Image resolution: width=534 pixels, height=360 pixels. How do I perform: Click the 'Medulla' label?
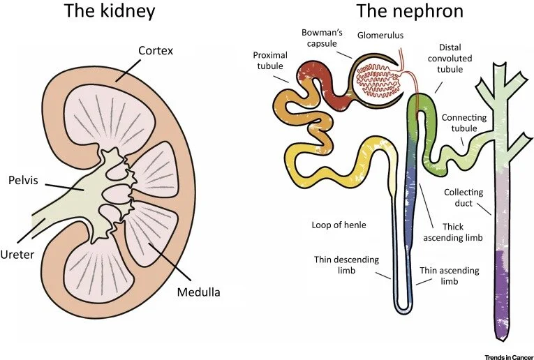[198, 292]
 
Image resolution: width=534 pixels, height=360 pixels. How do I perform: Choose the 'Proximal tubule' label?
[270, 61]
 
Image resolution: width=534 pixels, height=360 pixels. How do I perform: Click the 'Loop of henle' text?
[339, 225]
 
